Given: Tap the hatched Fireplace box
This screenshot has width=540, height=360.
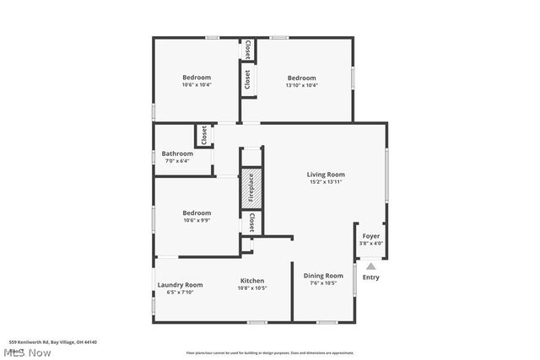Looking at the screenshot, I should coord(251,190).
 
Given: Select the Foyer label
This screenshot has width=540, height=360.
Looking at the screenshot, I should coord(371,236).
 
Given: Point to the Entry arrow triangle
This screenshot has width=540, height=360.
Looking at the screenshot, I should coord(371,266).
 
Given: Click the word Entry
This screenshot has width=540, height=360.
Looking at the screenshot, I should coord(371,277).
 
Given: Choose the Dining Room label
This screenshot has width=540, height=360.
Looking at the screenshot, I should coord(323,276).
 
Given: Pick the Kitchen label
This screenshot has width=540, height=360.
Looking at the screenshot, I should coord(252,281).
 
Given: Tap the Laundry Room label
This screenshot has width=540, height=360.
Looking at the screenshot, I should coord(180,285).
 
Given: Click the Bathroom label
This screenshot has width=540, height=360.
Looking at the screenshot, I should coord(177,153).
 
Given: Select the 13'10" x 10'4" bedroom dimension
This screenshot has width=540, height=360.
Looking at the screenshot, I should coord(300,84).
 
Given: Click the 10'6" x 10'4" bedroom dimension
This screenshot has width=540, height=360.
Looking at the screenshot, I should coord(197,84).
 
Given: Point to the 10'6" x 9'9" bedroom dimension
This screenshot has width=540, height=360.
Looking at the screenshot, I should coord(197,220).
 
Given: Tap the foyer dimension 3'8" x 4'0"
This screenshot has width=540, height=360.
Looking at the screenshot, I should coord(371,244).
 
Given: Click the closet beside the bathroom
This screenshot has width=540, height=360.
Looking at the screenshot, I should coord(203,135).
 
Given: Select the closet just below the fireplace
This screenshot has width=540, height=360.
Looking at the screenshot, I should coord(251,223).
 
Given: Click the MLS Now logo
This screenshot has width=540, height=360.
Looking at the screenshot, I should coord(26,352).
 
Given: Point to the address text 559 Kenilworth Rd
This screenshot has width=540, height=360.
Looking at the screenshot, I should coord(53,342).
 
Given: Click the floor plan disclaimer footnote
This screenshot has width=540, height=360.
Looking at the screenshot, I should coord(270,352).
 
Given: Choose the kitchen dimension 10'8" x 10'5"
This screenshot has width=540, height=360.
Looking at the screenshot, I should coord(252,288).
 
